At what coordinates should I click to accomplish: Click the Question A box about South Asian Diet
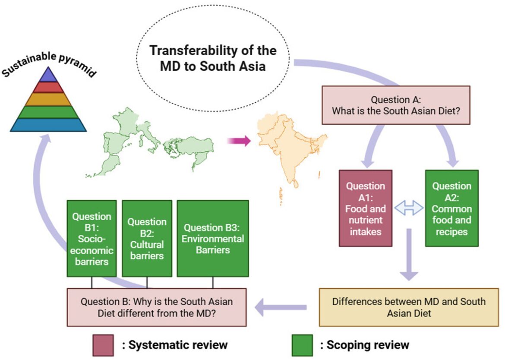coord(395,105)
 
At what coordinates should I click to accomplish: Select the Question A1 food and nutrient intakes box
coord(365,208)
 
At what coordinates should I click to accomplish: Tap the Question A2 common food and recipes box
coord(451,208)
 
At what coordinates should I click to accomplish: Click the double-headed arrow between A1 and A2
coord(409,209)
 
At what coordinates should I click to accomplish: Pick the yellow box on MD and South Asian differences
coord(408,307)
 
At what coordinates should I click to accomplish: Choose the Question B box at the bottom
coord(156,307)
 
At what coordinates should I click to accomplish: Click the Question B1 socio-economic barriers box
coord(92,238)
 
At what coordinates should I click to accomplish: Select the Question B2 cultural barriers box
coord(147,238)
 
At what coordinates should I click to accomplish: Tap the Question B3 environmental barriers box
coord(212,238)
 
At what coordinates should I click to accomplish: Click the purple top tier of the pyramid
coord(48,76)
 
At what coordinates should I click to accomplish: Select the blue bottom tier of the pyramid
coord(48,125)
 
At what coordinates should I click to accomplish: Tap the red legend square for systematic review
coord(103,345)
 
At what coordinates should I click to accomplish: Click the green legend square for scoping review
coord(302,345)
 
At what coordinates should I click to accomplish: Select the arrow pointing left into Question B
coord(281,307)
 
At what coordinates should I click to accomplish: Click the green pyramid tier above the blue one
coord(48,112)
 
